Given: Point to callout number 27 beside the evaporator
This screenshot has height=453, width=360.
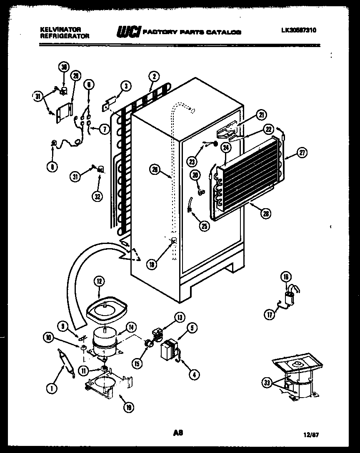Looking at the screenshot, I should [302, 153].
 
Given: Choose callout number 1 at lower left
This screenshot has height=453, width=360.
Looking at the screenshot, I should [51, 388].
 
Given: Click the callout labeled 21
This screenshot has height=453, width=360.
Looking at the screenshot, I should [261, 116].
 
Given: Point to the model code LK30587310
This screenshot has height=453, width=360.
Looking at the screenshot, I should [298, 30].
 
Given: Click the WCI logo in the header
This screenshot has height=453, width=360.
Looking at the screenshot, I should [128, 32].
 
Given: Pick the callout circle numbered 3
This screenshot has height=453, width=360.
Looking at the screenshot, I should [126, 86].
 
